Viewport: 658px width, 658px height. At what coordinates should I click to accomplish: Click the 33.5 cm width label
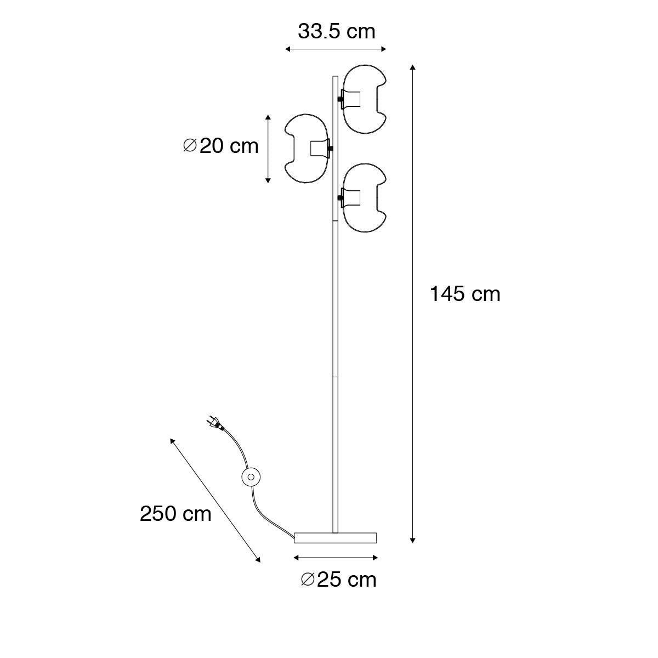click(x=336, y=32)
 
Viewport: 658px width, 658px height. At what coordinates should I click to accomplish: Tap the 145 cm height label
click(x=465, y=294)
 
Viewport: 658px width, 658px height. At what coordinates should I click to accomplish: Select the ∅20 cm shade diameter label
click(x=220, y=146)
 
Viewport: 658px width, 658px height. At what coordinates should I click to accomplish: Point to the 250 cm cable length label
click(x=175, y=514)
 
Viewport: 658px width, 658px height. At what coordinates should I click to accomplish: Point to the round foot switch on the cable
click(x=251, y=477)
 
